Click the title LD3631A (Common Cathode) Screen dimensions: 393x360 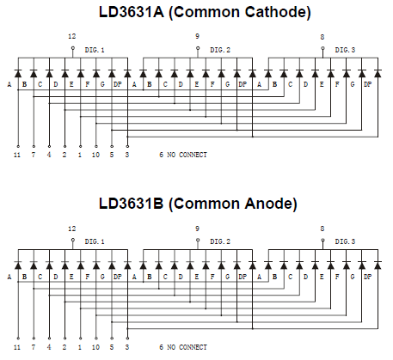pyautogui.click(x=205, y=12)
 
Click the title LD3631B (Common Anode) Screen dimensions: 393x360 pyautogui.click(x=198, y=204)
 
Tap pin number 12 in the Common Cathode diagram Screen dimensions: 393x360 pyautogui.click(x=72, y=36)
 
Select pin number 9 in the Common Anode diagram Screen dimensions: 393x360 pyautogui.click(x=197, y=229)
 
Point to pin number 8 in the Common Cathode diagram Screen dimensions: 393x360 pyautogui.click(x=322, y=37)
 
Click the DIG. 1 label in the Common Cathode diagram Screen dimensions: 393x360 pyautogui.click(x=95, y=50)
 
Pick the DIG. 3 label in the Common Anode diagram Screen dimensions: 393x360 pyautogui.click(x=345, y=241)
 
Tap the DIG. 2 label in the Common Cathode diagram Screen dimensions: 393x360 pyautogui.click(x=220, y=50)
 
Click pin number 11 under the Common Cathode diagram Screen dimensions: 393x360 pyautogui.click(x=17, y=155)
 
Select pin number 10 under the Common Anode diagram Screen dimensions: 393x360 pyautogui.click(x=95, y=347)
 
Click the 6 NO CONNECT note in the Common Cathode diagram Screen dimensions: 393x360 pyautogui.click(x=183, y=155)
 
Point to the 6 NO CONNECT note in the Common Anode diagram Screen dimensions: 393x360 pyautogui.click(x=183, y=347)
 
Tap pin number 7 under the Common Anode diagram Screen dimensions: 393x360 pyautogui.click(x=34, y=347)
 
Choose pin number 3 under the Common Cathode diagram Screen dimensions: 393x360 pyautogui.click(x=127, y=155)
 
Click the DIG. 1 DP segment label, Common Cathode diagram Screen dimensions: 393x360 pyautogui.click(x=118, y=84)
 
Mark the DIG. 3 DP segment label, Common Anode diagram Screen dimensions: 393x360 pyautogui.click(x=368, y=277)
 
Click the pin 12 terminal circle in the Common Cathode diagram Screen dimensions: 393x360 pyautogui.click(x=73, y=48)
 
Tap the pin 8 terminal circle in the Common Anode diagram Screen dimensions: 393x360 pyautogui.click(x=322, y=240)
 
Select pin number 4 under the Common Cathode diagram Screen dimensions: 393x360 pyautogui.click(x=49, y=155)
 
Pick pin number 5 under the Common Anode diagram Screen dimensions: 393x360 pyautogui.click(x=112, y=347)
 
